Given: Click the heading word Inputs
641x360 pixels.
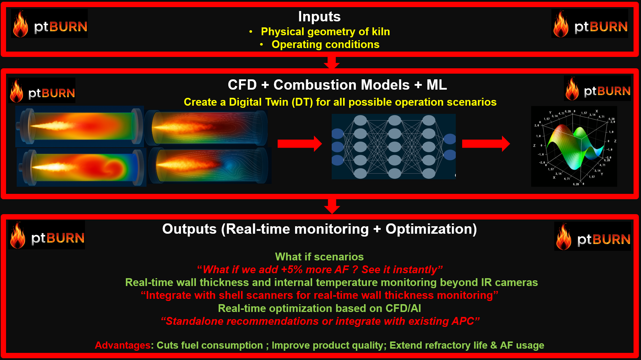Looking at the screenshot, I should [x=319, y=17].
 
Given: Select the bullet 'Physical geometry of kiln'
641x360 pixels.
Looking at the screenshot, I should [x=325, y=32].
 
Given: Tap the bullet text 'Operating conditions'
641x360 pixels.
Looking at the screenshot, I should [x=325, y=44].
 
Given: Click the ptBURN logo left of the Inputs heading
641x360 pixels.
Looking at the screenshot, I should [x=49, y=24].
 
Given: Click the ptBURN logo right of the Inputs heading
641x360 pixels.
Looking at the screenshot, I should [x=590, y=24].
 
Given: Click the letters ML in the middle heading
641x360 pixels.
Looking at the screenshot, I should [x=437, y=85].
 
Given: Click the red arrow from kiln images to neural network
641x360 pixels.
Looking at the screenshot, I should [x=299, y=144].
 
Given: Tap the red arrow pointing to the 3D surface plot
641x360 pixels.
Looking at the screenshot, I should [x=486, y=144].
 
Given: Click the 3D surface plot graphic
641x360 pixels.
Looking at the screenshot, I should [x=574, y=147].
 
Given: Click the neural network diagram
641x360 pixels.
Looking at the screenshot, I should [x=394, y=147].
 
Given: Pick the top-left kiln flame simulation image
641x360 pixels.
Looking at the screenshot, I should [x=80, y=126].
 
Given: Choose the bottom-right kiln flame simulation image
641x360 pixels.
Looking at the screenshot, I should [x=210, y=165].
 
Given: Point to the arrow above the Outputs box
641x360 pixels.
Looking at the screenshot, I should [x=332, y=206].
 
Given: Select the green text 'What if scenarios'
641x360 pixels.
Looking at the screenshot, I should [x=319, y=257].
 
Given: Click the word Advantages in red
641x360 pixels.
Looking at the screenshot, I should [x=123, y=345].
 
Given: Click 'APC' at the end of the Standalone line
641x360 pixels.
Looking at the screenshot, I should [x=463, y=322].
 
